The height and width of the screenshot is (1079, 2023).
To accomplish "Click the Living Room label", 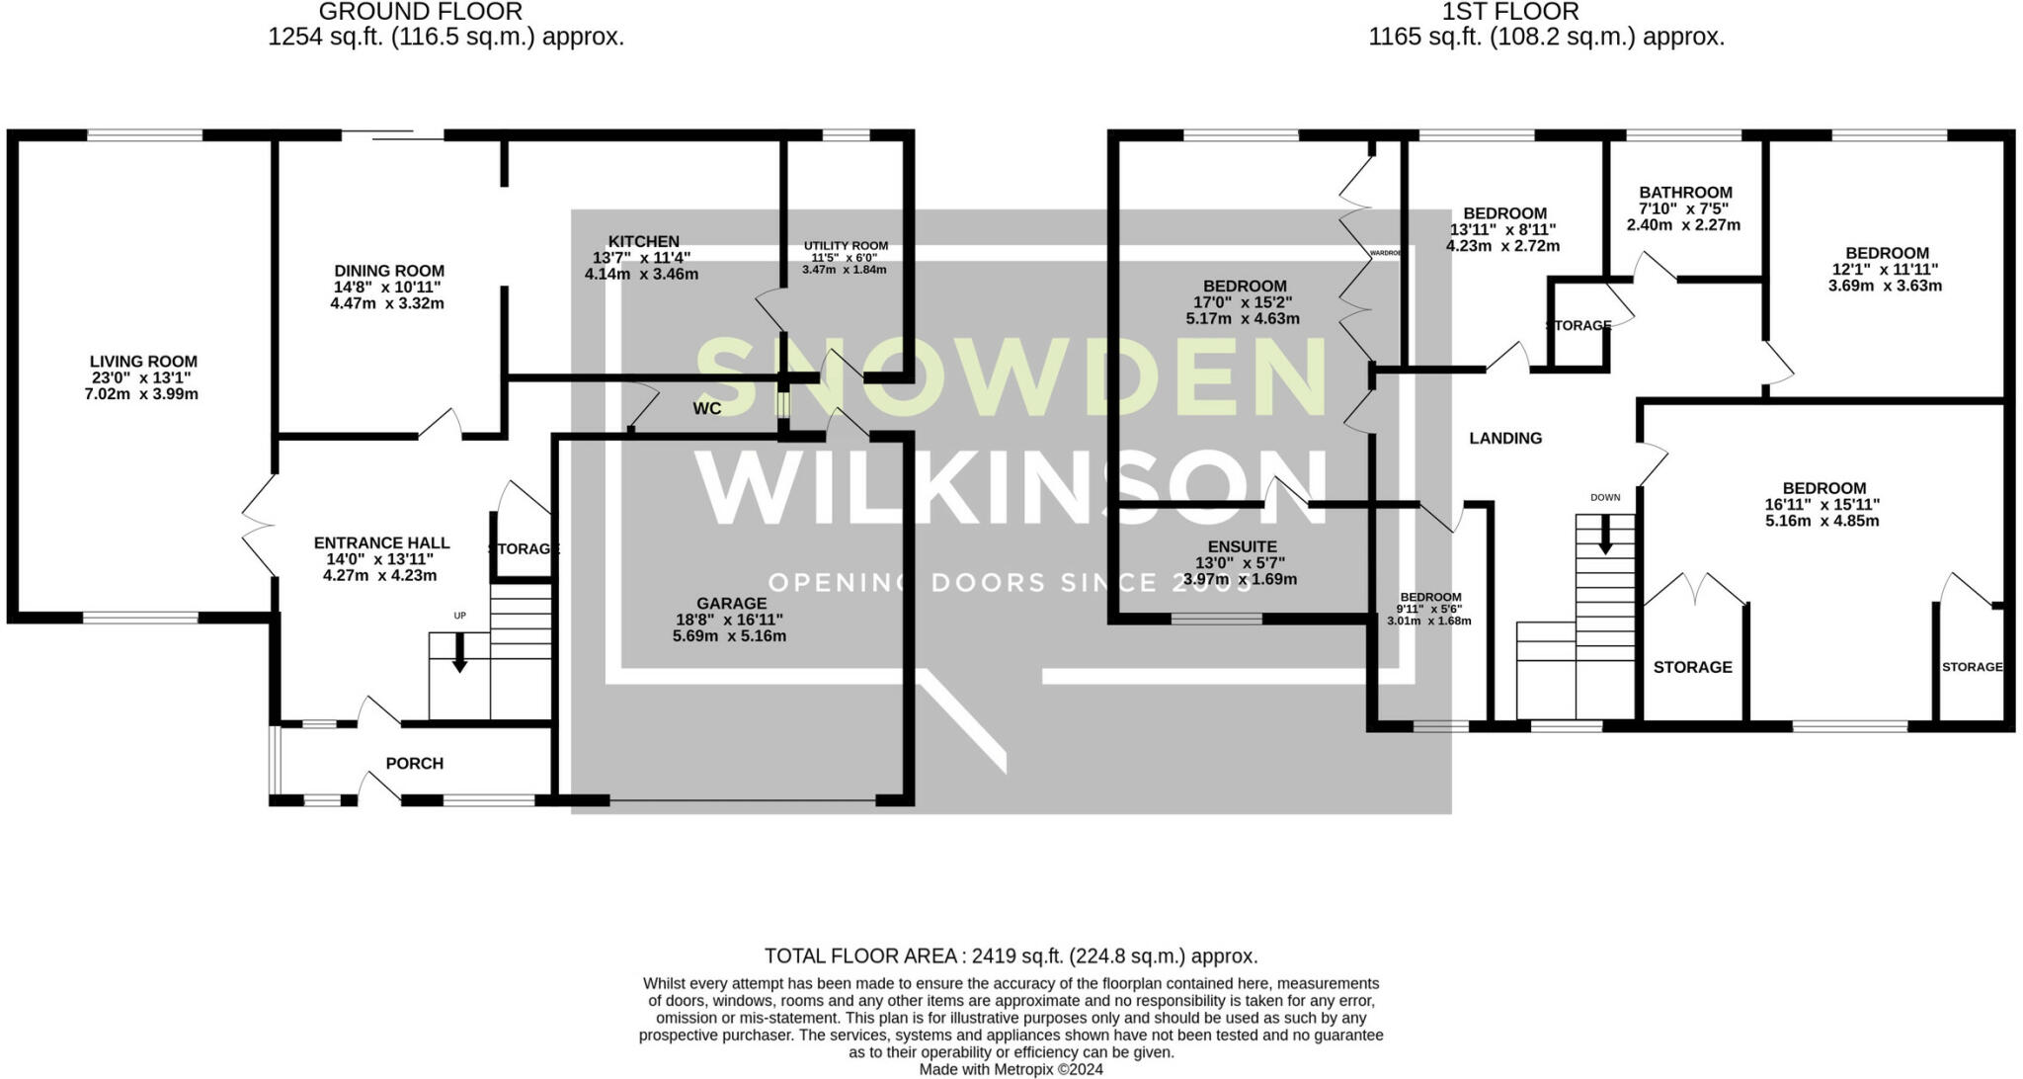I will click(x=143, y=362).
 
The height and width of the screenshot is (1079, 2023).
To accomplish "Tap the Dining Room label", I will click(x=389, y=271).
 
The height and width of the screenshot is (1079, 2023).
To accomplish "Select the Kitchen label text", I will click(x=643, y=241).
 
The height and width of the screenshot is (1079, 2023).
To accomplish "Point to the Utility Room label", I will click(x=846, y=246).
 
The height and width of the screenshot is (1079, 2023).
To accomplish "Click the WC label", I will click(x=707, y=408).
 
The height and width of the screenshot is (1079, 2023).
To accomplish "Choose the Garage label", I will click(x=731, y=603).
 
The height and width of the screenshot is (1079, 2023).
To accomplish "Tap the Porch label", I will click(x=415, y=763).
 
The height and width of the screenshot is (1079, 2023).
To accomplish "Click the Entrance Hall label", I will click(x=381, y=542).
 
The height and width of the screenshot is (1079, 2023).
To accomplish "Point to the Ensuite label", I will click(x=1243, y=546).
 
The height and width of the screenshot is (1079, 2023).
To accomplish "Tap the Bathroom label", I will click(x=1685, y=193).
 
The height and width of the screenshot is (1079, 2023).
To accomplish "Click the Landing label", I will click(x=1505, y=438).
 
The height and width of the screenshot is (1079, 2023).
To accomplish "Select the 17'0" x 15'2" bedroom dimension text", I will click(x=1243, y=302).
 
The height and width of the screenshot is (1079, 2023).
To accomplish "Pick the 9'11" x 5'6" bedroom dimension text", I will click(x=1429, y=609).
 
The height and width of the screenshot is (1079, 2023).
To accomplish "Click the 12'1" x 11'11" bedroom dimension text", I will click(x=1886, y=269).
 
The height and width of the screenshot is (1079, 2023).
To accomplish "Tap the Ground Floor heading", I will click(x=421, y=12).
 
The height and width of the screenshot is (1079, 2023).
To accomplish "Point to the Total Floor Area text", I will click(x=1011, y=955).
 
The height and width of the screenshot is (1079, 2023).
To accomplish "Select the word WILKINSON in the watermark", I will click(x=1010, y=490).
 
